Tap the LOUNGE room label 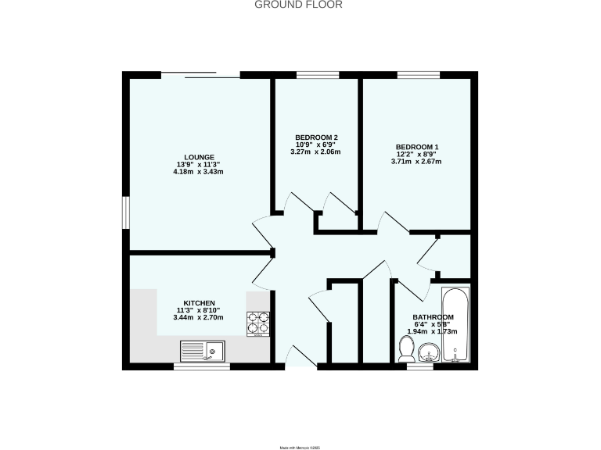(x=193, y=157)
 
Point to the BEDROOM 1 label (x=416, y=147)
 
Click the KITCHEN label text (x=199, y=303)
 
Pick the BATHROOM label (x=434, y=317)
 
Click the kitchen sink (x=202, y=352)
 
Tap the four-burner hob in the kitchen (x=258, y=323)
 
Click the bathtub (x=455, y=327)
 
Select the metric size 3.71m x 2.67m (x=416, y=162)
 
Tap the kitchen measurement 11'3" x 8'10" (x=199, y=310)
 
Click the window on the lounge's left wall (x=125, y=212)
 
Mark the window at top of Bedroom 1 (x=419, y=75)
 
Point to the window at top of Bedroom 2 (x=317, y=75)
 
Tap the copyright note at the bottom (x=300, y=447)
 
